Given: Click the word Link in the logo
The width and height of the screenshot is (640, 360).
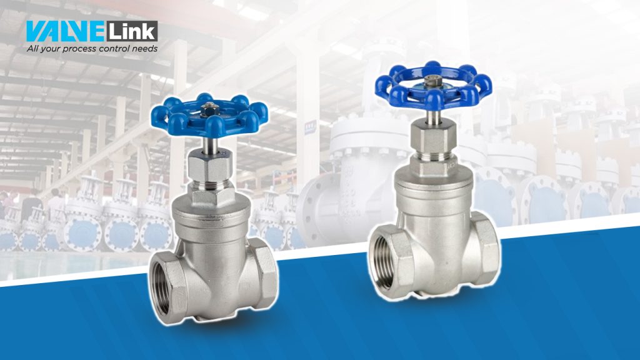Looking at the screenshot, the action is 132,31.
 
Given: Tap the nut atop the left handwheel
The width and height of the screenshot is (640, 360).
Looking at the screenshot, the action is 209,109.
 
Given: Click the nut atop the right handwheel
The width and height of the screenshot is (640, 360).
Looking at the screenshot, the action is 431,81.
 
